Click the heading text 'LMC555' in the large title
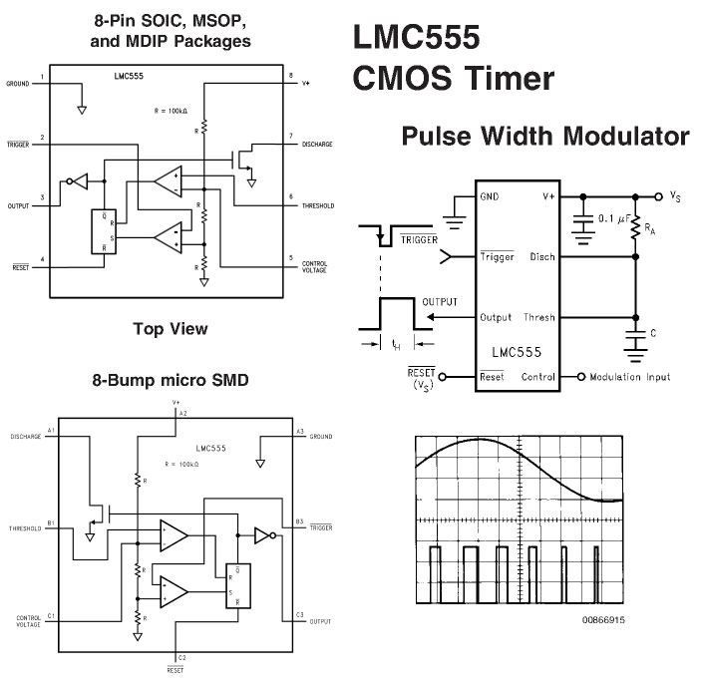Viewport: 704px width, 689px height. click(x=416, y=37)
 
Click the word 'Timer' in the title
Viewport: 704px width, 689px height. click(x=510, y=78)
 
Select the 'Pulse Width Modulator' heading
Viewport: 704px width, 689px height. click(x=545, y=136)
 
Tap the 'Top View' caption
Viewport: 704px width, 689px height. click(x=171, y=329)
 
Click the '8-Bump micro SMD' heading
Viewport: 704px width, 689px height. click(x=171, y=380)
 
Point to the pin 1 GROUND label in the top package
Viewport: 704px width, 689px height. click(x=18, y=84)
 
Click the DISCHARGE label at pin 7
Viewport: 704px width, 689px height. click(x=317, y=145)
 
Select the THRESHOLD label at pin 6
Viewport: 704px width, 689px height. click(x=318, y=206)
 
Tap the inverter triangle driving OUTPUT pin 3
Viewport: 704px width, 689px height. click(x=81, y=181)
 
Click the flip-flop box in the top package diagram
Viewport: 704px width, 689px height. click(x=104, y=231)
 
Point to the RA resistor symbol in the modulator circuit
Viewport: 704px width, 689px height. click(x=635, y=227)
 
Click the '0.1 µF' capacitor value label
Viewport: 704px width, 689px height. click(x=614, y=219)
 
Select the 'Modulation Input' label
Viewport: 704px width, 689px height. click(x=630, y=377)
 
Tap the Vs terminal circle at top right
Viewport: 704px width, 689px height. click(x=659, y=196)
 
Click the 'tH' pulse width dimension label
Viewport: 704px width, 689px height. click(x=396, y=345)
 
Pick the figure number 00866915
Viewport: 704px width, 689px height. click(x=603, y=620)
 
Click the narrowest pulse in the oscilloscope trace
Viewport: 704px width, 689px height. click(x=596, y=574)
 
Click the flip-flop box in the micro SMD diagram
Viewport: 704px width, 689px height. click(x=238, y=586)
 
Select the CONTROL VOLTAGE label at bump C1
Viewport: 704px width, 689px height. click(x=29, y=621)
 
